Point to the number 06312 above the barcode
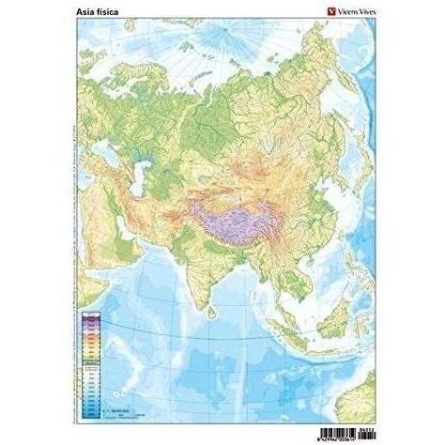[359, 422]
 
